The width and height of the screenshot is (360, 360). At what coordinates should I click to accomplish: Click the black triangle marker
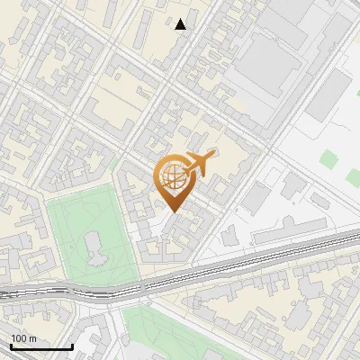coord(181,24)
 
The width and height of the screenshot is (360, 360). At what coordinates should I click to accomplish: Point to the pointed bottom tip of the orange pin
coord(174,212)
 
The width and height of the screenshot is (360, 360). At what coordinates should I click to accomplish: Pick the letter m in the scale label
coord(32,339)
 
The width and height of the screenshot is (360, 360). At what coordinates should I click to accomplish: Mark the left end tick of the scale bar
coord(11,346)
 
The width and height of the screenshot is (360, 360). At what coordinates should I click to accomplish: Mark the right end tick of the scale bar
coord(72,346)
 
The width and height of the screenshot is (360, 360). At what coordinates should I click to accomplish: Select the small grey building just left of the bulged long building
coord(229,236)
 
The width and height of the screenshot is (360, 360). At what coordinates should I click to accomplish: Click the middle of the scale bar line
coord(41,346)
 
